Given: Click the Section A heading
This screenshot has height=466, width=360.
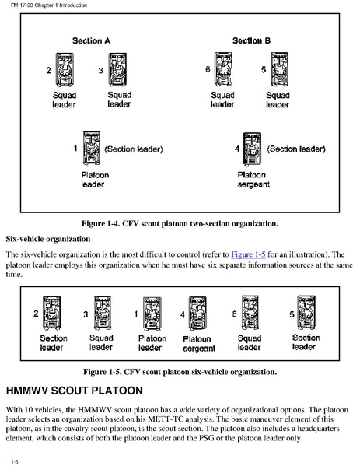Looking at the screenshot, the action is click(91, 40).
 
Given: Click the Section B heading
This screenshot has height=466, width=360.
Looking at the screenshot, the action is click(251, 40).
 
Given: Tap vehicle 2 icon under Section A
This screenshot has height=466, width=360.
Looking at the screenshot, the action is click(65, 69).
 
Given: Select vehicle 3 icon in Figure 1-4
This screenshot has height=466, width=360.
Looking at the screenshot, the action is click(118, 69).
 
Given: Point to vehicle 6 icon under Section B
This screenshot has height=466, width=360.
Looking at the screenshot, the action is click(223, 69).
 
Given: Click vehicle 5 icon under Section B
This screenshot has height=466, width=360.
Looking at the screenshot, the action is click(279, 69).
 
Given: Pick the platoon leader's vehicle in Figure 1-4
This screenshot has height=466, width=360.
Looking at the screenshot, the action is click(91, 148).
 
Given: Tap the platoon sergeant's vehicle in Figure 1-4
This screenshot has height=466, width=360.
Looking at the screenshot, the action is click(252, 149).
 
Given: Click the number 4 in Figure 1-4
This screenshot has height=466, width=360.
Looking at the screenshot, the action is click(237, 149).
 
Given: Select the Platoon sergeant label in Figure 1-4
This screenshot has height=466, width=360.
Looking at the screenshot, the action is click(253, 180).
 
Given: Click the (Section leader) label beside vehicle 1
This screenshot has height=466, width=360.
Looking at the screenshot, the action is click(134, 149).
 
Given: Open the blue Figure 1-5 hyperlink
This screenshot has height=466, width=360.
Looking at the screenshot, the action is click(248, 254).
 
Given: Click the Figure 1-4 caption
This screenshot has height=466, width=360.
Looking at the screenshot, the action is click(180, 223).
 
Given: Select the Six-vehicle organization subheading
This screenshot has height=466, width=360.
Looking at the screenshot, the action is click(48, 239).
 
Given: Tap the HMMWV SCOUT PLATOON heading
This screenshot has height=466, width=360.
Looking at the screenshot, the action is click(75, 391).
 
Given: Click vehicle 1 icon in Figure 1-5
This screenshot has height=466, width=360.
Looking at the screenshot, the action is click(152, 314).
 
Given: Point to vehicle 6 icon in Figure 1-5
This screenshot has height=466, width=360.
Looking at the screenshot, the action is click(250, 313).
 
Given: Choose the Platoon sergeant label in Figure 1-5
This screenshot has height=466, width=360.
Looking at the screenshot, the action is click(199, 344).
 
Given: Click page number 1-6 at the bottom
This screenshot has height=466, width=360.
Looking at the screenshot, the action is click(15, 461).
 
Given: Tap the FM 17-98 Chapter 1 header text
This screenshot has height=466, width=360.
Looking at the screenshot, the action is click(49, 5).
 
